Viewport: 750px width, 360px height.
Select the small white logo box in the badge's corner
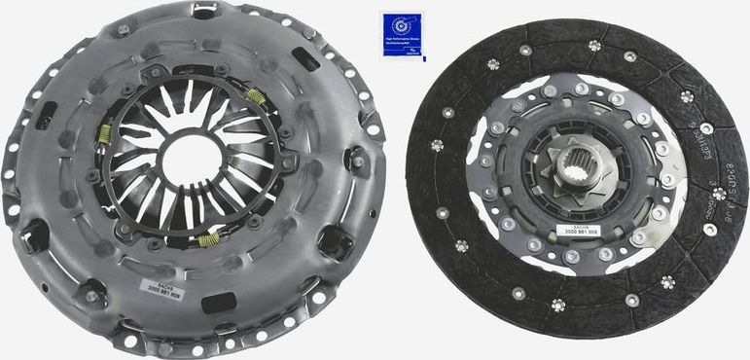[420, 54]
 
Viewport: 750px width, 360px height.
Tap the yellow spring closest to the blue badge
[257, 95]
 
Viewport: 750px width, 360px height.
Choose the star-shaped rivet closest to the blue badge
[493, 65]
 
